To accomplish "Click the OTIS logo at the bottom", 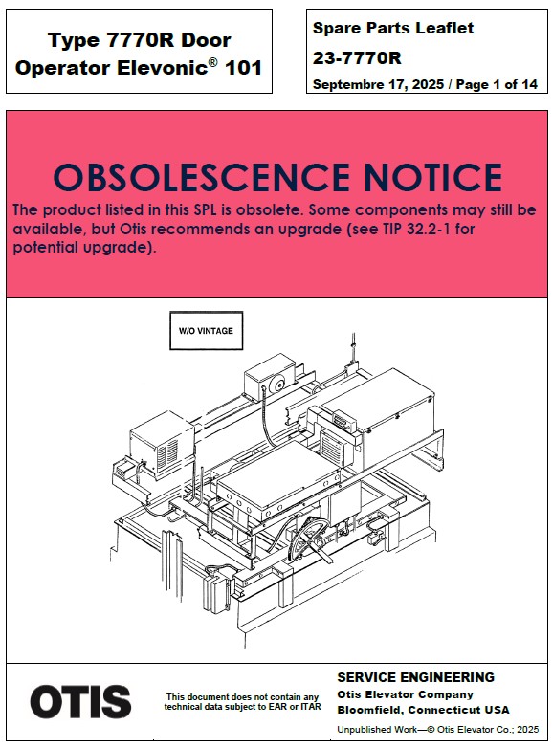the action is coord(80,701).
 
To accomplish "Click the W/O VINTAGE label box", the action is coord(206,331).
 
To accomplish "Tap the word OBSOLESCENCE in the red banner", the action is coord(201,177).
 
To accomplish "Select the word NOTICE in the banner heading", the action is coord(432,177).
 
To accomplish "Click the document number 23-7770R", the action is coord(357,58).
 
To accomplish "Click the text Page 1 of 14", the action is coord(497,84).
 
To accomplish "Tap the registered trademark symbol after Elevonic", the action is coord(212,62).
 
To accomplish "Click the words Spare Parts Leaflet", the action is coord(393,28).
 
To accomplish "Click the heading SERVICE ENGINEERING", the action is coord(415,677).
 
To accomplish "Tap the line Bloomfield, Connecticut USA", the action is coord(423,710).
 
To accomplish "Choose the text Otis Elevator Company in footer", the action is coord(405,694).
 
